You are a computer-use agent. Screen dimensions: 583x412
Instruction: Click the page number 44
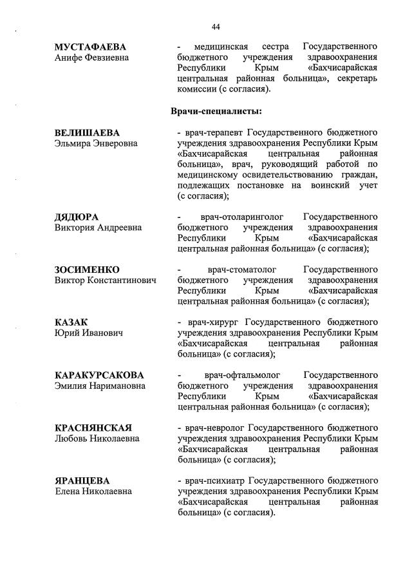point(216,26)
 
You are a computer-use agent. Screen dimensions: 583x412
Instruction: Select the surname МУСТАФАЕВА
point(90,47)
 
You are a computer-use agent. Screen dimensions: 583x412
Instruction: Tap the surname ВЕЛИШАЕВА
point(87,133)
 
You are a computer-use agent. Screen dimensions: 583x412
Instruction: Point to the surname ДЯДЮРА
point(80,217)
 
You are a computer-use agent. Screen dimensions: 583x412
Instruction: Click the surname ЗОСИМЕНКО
point(88,269)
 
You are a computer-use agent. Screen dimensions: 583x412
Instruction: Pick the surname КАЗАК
point(71,322)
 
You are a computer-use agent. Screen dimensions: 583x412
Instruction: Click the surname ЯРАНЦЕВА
point(82,480)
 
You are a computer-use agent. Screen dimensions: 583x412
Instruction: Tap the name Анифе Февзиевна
point(91,58)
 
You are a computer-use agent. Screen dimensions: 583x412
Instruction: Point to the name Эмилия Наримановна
point(100,386)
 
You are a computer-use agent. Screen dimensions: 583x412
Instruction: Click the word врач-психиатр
point(213,480)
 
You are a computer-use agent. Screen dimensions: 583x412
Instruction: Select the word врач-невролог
point(213,428)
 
